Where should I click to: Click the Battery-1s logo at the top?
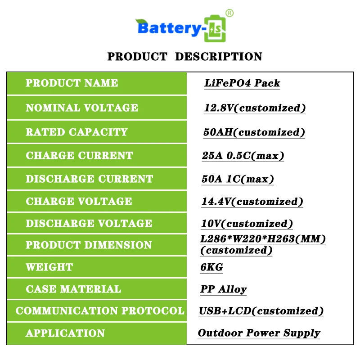182,28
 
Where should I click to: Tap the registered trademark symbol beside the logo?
229,13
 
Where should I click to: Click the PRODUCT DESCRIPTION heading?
184,57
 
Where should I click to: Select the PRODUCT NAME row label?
72,83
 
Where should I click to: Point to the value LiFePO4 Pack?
242,83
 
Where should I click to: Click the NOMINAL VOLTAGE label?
82,108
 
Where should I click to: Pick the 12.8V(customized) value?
255,108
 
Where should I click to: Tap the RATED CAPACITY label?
76,132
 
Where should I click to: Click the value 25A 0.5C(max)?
243,156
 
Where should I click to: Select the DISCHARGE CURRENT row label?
89,179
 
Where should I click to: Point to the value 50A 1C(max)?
238,179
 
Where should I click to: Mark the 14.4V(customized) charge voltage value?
252,202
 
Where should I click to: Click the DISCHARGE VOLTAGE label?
89,224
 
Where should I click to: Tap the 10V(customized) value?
247,224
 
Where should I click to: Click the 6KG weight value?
211,267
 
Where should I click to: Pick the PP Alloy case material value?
223,289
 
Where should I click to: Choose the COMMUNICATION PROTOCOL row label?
100,311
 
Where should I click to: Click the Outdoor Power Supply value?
259,333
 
